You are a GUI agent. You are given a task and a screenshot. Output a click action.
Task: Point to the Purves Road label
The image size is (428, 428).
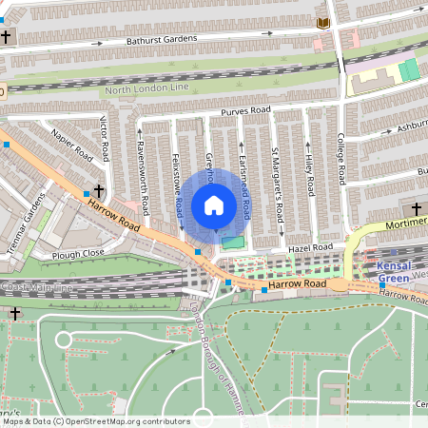(246, 111)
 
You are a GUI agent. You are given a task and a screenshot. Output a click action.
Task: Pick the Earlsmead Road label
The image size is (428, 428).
(245, 181)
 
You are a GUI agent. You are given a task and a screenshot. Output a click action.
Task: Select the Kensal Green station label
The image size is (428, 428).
(396, 271)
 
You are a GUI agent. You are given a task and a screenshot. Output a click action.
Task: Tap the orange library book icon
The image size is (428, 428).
(323, 22)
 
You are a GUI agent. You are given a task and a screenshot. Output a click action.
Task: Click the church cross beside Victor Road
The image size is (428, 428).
(100, 190)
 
